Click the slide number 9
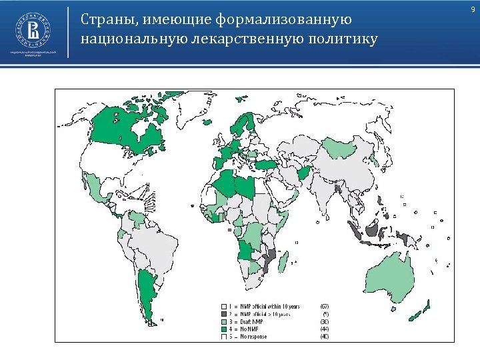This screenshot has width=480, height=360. pyautogui.click(x=472, y=8)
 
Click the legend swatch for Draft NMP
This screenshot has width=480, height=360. pyautogui.click(x=224, y=321)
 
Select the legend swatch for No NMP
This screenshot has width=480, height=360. pyautogui.click(x=224, y=329)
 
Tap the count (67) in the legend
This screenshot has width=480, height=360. pyautogui.click(x=325, y=307)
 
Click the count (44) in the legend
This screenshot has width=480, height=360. pyautogui.click(x=325, y=329)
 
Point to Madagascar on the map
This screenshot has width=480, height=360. pyautogui.click(x=283, y=261)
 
